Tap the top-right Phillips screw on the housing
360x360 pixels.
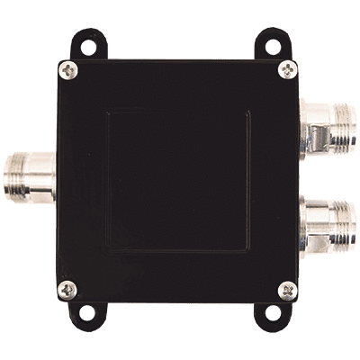[x=285, y=68]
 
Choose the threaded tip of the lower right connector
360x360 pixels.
[x=341, y=226]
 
